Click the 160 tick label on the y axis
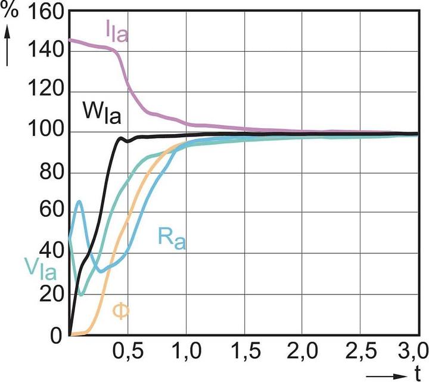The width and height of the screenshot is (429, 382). (44, 12)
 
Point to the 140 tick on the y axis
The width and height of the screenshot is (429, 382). (44, 51)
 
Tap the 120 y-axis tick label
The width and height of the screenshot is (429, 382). (44, 92)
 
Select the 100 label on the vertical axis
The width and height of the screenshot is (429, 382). (44, 133)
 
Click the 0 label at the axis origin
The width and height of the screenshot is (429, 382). (56, 336)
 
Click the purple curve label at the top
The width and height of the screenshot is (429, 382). (116, 33)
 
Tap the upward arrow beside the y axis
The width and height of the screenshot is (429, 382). (8, 45)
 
